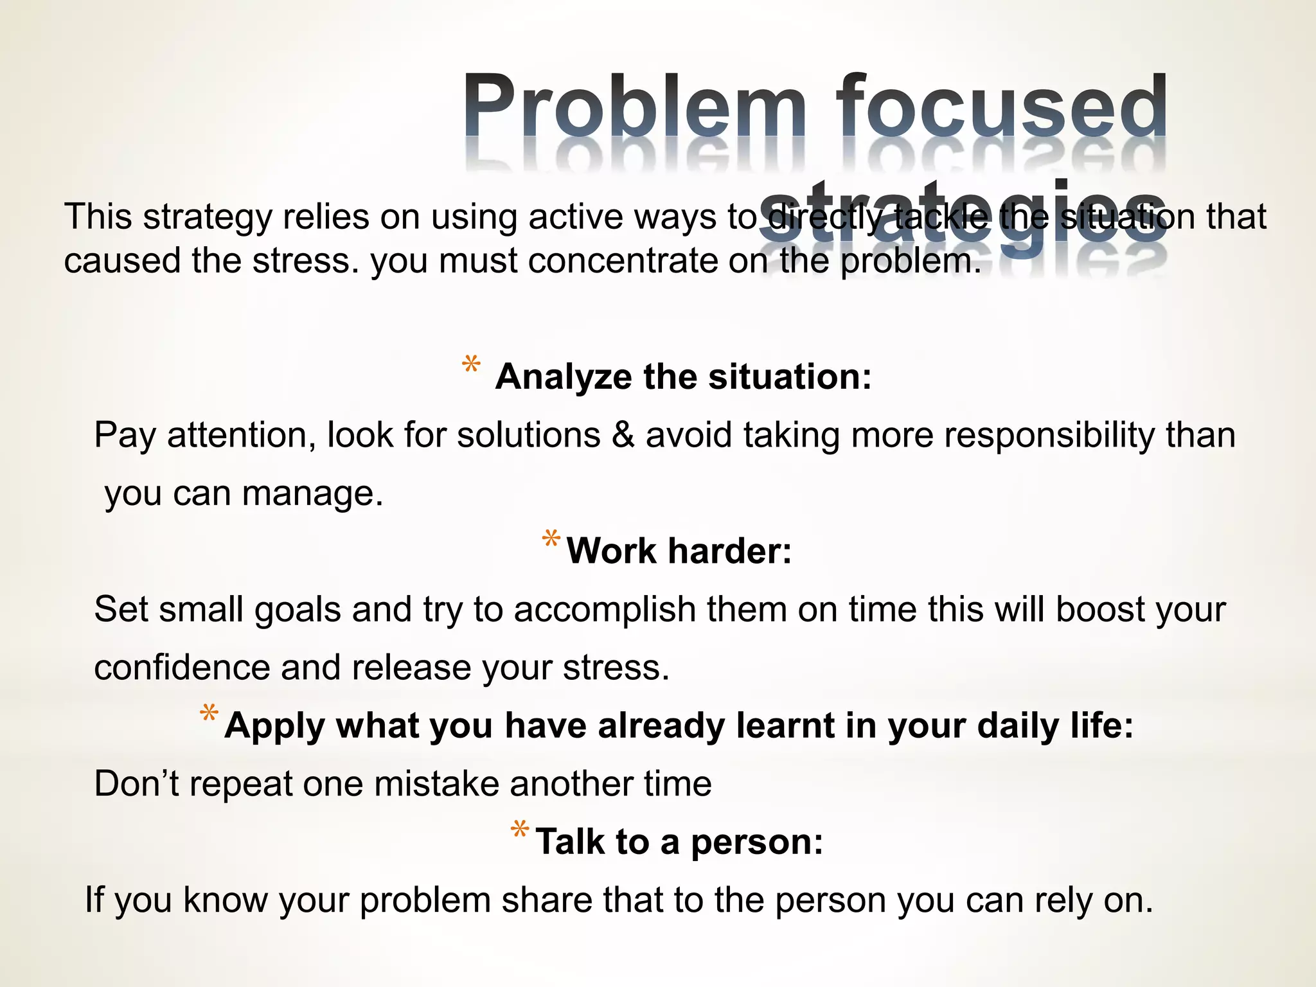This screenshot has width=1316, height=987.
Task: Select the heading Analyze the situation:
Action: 683,377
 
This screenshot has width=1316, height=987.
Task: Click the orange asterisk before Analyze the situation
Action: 471,365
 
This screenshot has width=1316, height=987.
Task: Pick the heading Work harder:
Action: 679,551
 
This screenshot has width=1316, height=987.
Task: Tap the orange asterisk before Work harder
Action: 551,539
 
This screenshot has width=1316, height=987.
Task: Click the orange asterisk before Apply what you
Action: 209,714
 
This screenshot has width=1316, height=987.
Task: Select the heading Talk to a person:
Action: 679,841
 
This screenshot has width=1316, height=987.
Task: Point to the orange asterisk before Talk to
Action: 519,830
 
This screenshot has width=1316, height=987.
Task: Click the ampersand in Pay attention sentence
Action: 623,435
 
